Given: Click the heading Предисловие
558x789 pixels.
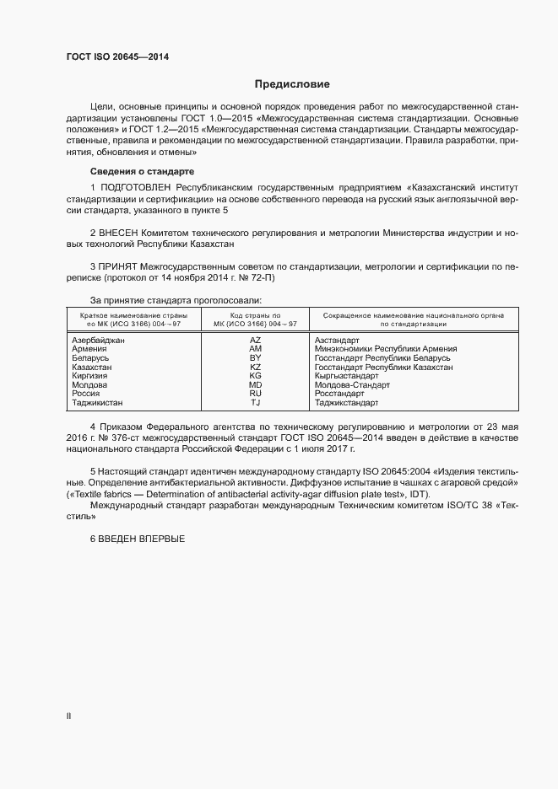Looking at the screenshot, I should pyautogui.click(x=292, y=84).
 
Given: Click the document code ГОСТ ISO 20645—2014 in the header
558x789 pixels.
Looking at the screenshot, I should pyautogui.click(x=117, y=56).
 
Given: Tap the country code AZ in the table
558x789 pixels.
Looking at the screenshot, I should pyautogui.click(x=256, y=339).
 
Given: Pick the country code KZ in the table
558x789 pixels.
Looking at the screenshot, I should pyautogui.click(x=256, y=367).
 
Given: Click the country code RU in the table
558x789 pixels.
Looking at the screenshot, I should pyautogui.click(x=256, y=394).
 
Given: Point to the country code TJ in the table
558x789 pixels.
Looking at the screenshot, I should pyautogui.click(x=256, y=403).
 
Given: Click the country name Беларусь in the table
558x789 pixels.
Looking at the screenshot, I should pyautogui.click(x=92, y=357).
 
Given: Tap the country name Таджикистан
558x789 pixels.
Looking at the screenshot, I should pyautogui.click(x=98, y=403).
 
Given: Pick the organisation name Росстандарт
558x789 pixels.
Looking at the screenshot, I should pyautogui.click(x=339, y=394).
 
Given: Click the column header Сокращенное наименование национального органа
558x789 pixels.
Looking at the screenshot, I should pyautogui.click(x=408, y=314).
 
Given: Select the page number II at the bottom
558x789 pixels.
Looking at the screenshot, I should pyautogui.click(x=68, y=716).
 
